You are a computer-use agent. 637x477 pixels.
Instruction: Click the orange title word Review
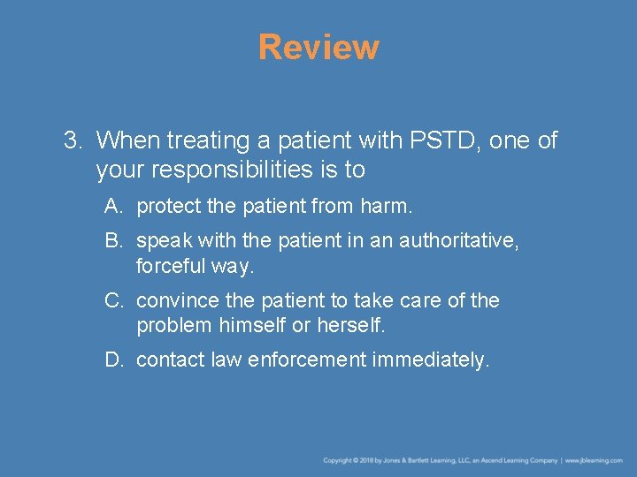tap(318, 47)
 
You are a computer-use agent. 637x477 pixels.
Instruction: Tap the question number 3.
tap(73, 140)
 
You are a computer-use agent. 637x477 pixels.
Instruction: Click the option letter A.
tap(112, 207)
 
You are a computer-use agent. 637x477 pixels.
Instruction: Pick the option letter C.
tap(113, 300)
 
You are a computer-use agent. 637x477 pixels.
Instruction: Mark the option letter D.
tap(113, 360)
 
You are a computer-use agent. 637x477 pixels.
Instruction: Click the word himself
tap(253, 324)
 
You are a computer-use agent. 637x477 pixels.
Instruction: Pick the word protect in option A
tap(167, 207)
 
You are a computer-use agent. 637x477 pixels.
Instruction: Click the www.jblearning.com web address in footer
tap(594, 460)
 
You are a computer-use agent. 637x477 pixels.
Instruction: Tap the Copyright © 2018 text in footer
tap(349, 460)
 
